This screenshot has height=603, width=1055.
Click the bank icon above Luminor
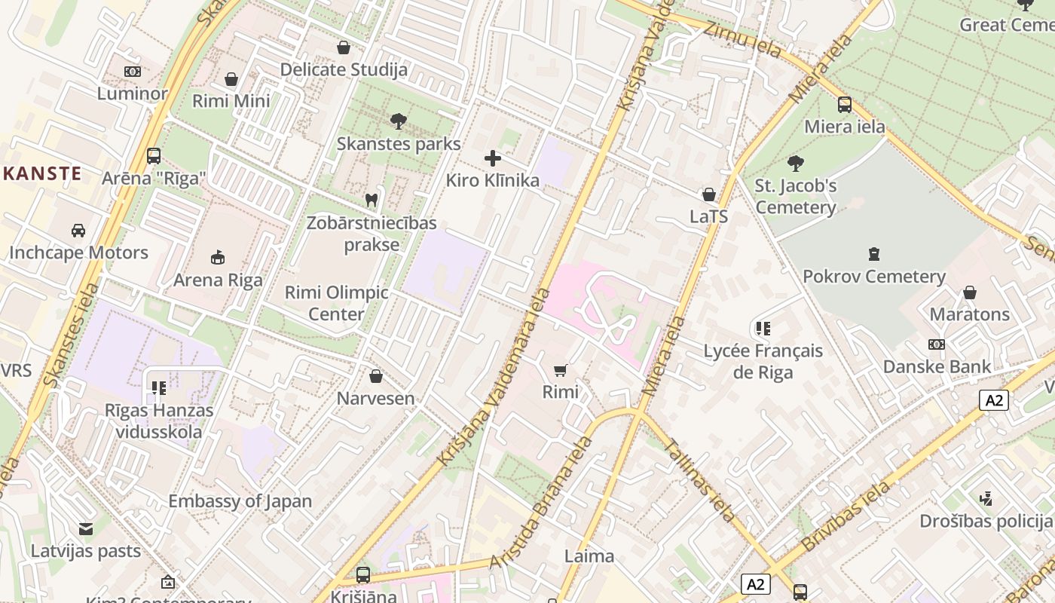pyautogui.click(x=133, y=72)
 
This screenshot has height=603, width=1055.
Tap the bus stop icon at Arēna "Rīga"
pyautogui.click(x=154, y=156)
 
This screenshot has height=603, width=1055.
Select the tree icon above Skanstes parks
pyautogui.click(x=398, y=121)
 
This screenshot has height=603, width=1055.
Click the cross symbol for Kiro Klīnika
pyautogui.click(x=493, y=158)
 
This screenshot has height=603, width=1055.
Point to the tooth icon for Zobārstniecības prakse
pyautogui.click(x=371, y=200)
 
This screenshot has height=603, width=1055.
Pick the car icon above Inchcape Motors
pyautogui.click(x=78, y=230)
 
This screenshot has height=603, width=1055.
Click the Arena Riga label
pyautogui.click(x=218, y=280)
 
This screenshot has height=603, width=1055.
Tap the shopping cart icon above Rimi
pyautogui.click(x=560, y=369)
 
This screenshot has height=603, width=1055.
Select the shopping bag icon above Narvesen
pyautogui.click(x=375, y=375)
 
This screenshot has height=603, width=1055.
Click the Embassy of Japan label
pyautogui.click(x=240, y=501)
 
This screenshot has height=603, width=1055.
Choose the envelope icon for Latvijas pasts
pyautogui.click(x=86, y=528)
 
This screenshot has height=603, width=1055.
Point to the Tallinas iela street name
pyautogui.click(x=700, y=481)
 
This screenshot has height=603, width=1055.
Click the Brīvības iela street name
pyautogui.click(x=846, y=516)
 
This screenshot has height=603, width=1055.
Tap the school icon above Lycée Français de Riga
pyautogui.click(x=763, y=329)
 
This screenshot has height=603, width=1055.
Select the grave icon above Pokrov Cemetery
pyautogui.click(x=874, y=254)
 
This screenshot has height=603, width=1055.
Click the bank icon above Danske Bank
pyautogui.click(x=937, y=344)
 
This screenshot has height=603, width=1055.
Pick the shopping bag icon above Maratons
pyautogui.click(x=970, y=292)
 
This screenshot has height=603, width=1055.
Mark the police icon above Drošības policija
pyautogui.click(x=986, y=498)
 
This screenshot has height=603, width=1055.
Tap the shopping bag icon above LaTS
pyautogui.click(x=709, y=194)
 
